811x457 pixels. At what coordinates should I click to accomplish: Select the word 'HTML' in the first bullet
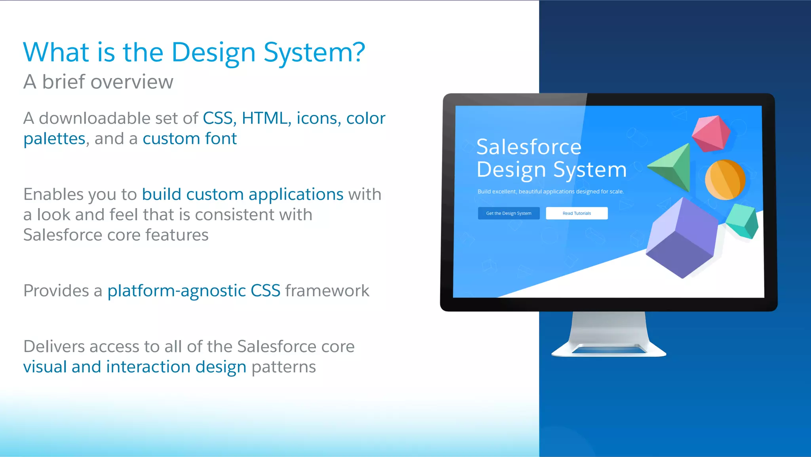(x=265, y=118)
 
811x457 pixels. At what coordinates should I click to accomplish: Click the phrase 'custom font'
(x=190, y=139)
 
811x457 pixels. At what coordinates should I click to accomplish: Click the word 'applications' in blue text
(x=296, y=194)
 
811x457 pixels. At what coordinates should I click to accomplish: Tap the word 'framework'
(x=327, y=291)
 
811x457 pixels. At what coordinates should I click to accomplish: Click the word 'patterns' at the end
(x=284, y=367)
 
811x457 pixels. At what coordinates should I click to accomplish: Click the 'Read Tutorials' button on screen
(x=577, y=213)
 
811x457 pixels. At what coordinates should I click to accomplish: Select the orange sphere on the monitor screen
(x=725, y=180)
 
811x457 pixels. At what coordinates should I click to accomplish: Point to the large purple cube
(x=682, y=238)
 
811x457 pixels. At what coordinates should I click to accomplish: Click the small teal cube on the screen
(x=743, y=221)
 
